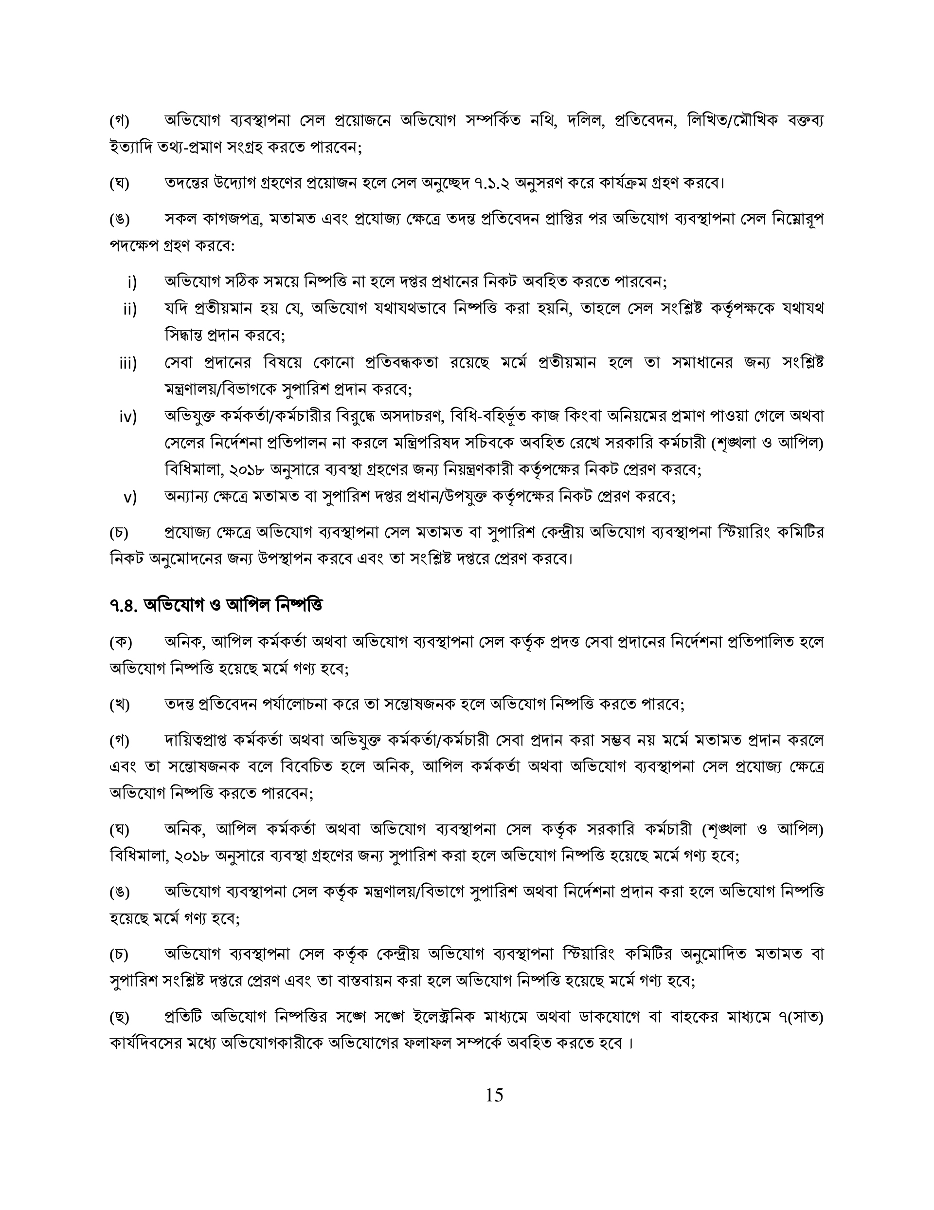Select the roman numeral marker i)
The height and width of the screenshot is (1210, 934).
click(132, 283)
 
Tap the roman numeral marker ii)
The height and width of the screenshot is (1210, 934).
click(130, 309)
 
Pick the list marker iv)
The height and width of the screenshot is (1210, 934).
click(128, 417)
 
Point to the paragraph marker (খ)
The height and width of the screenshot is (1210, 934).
click(120, 705)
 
